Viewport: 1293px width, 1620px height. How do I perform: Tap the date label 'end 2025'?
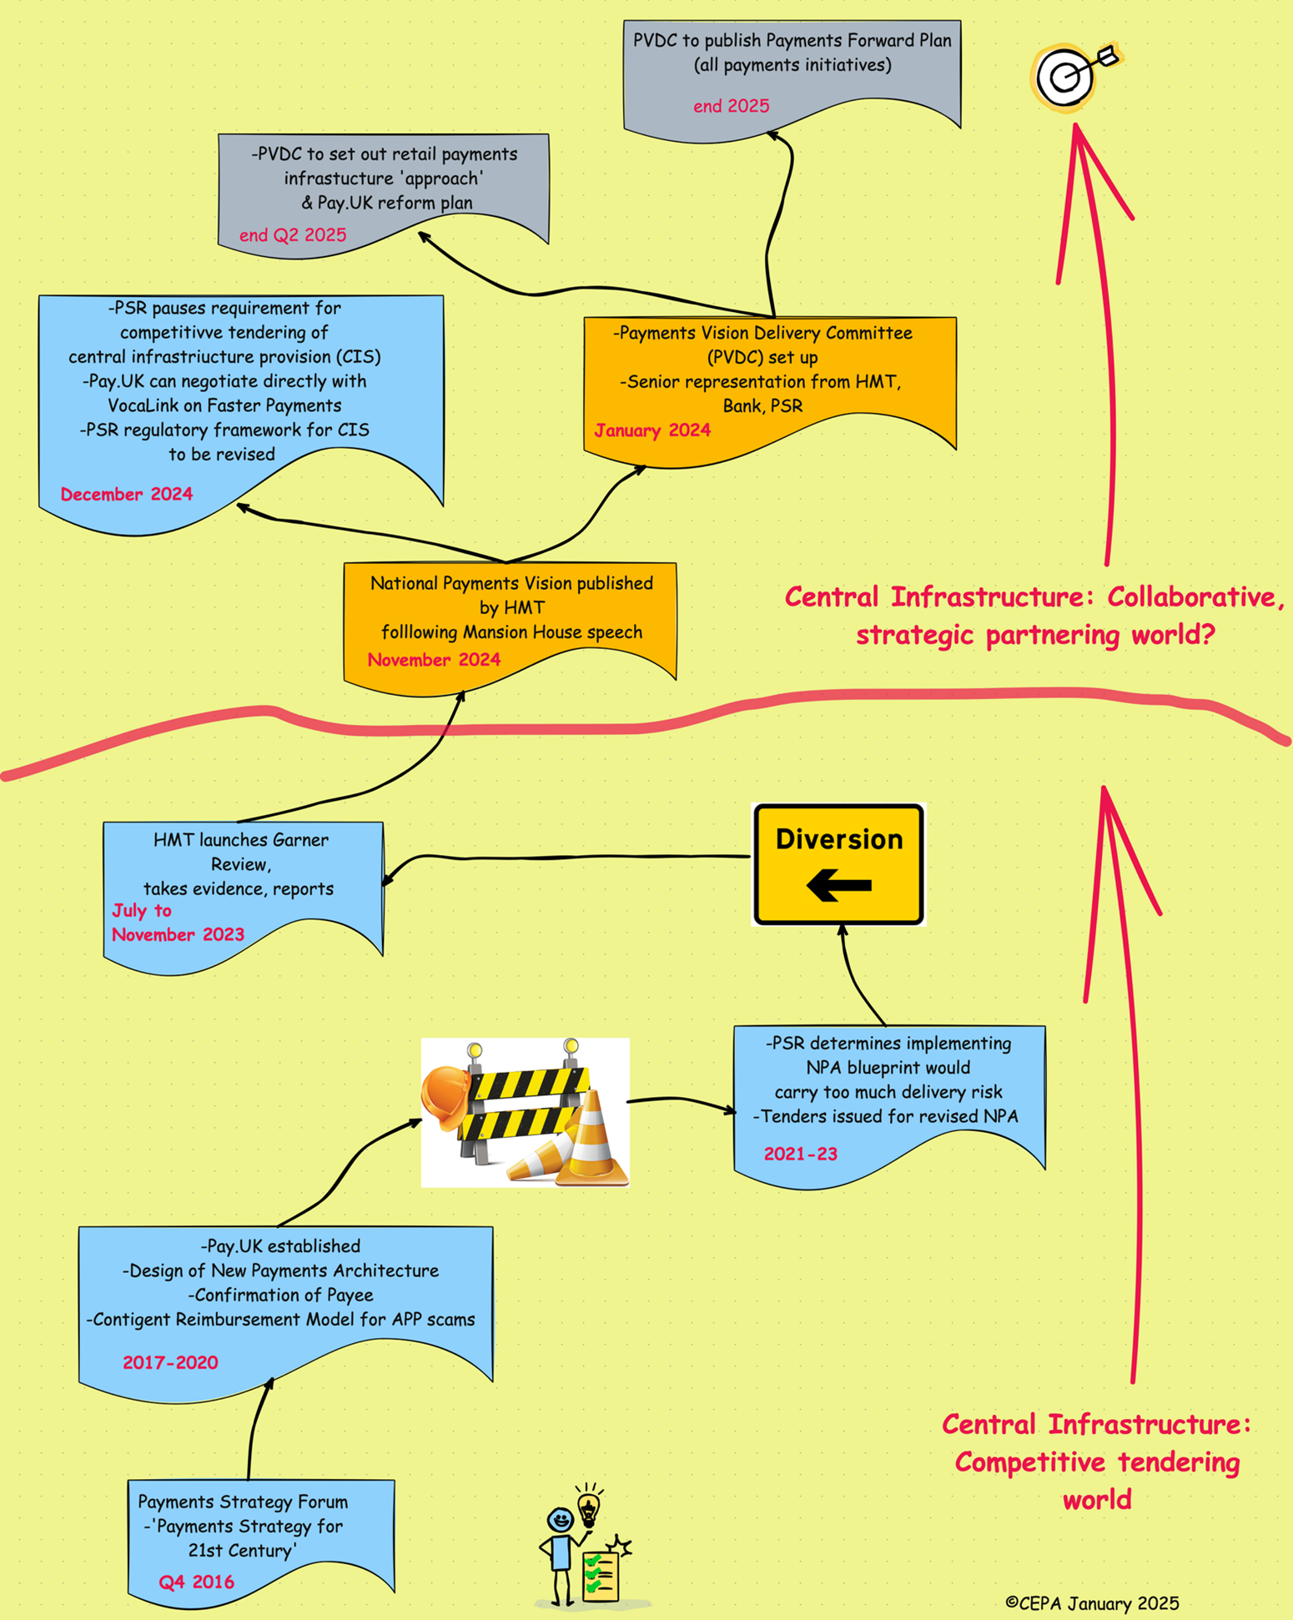click(x=731, y=106)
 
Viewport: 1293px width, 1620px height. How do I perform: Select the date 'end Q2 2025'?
click(x=293, y=235)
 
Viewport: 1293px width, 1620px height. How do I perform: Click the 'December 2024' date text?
click(x=127, y=494)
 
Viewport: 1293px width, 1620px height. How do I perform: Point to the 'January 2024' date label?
click(x=652, y=430)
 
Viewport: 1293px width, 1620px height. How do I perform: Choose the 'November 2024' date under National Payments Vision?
click(x=434, y=660)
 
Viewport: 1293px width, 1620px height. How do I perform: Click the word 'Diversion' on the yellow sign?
click(x=839, y=839)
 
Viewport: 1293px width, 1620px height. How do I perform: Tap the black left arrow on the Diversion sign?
click(x=839, y=885)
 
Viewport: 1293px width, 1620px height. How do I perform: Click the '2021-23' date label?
click(x=801, y=1154)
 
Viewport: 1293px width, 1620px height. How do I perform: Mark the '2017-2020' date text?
click(x=170, y=1362)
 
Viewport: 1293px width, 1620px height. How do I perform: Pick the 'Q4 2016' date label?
click(x=197, y=1582)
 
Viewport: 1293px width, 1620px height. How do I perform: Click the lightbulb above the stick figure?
click(x=589, y=1507)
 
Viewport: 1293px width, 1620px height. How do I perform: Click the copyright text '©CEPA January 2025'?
click(x=1092, y=1603)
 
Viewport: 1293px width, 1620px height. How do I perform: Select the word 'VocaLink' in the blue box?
click(x=140, y=405)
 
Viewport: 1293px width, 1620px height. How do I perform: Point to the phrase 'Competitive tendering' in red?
click(x=1097, y=1462)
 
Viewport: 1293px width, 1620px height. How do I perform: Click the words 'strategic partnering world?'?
click(x=1035, y=635)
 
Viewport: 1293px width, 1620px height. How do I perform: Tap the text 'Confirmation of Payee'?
click(x=280, y=1295)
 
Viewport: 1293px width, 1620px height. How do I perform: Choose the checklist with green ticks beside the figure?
click(x=601, y=1575)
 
